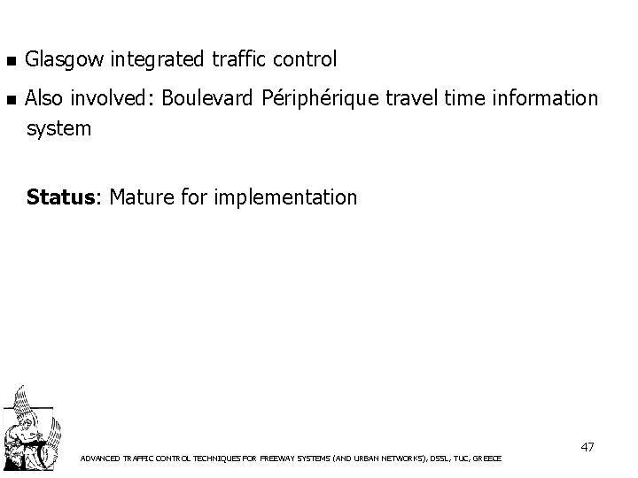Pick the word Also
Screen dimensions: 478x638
[46, 98]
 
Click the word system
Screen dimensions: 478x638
[59, 129]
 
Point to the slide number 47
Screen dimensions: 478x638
[587, 447]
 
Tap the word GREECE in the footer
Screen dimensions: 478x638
[488, 459]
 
